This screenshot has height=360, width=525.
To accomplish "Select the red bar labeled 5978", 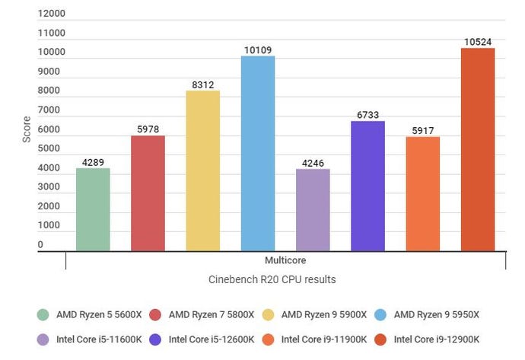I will [148, 193].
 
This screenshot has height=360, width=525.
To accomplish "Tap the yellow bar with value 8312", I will [203, 170].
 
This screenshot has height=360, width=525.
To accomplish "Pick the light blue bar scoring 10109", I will [258, 153].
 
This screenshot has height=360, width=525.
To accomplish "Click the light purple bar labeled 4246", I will [313, 210].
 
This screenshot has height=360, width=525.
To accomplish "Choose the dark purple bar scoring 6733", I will [367, 186].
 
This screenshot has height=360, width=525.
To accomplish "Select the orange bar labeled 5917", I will [422, 193].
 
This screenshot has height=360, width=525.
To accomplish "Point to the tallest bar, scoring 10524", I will [478, 149].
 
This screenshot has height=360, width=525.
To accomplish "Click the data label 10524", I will [478, 42].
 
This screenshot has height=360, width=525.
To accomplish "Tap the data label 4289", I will [93, 162].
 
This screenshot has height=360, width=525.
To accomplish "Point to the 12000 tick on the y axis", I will [50, 14].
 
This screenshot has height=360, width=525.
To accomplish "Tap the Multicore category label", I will [285, 260].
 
